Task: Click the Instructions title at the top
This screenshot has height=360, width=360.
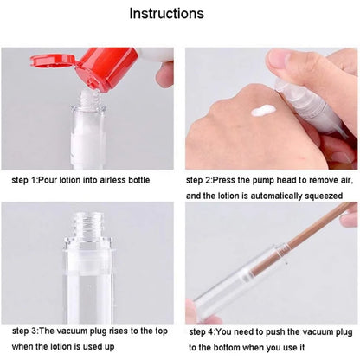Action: tap(179, 14)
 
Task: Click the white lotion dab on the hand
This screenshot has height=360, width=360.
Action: tap(263, 111)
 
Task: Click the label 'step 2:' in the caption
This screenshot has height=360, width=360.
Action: tap(203, 182)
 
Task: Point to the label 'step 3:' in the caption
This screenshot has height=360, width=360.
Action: tap(29, 331)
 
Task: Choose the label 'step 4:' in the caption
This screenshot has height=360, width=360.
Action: tap(204, 331)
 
